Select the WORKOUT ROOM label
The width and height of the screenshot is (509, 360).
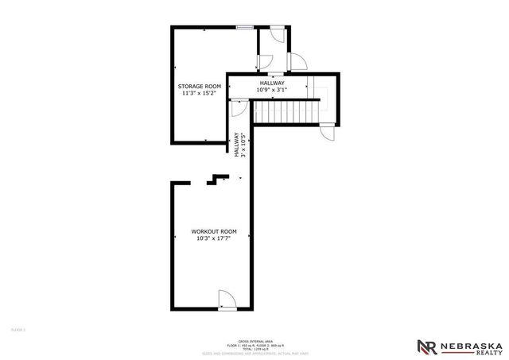(x=210, y=230)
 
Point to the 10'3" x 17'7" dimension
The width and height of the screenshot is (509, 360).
(x=210, y=238)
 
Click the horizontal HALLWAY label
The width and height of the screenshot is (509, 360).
(x=272, y=83)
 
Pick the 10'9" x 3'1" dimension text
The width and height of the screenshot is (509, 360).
(x=272, y=90)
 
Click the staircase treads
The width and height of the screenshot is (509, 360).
(x=293, y=113)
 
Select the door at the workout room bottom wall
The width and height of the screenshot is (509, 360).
(x=225, y=299)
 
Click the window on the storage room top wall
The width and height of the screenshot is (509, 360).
(x=244, y=28)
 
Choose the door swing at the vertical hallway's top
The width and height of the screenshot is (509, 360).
(x=237, y=109)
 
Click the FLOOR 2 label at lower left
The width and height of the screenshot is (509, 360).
(x=18, y=328)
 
